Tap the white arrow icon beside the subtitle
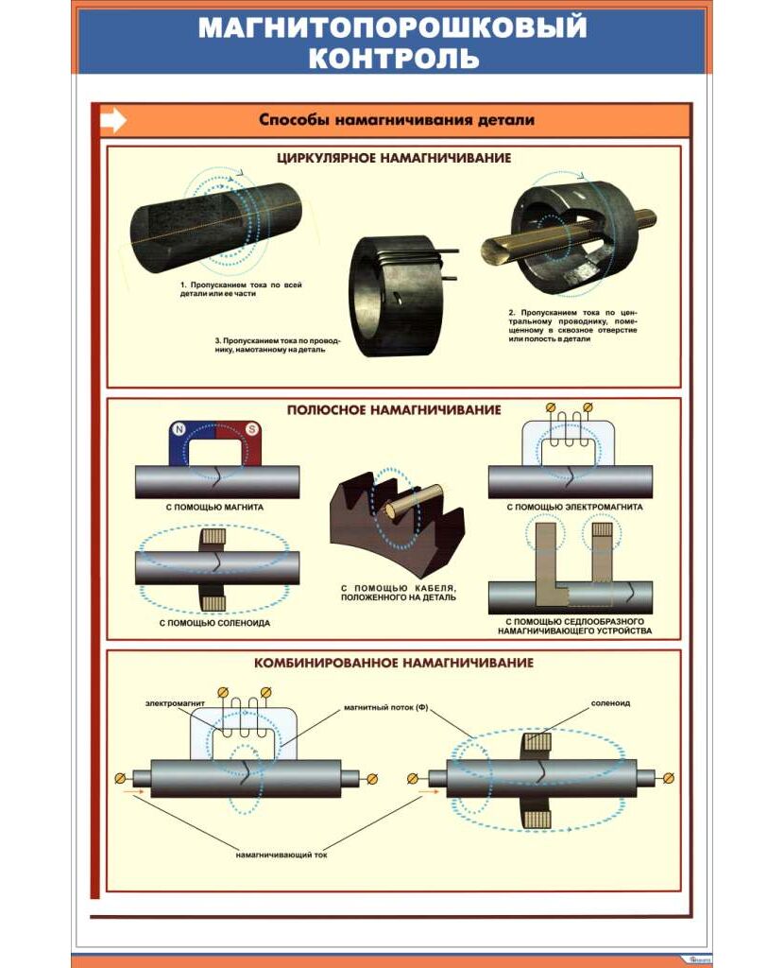113,120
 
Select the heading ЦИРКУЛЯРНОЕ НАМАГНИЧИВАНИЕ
394,158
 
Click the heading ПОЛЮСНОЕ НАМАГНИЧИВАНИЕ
394,409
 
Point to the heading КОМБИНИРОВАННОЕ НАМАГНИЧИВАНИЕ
394,663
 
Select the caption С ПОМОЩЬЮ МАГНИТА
214,507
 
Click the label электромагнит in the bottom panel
177,703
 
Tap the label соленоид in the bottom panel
610,703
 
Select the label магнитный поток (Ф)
386,706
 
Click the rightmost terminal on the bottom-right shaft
670,778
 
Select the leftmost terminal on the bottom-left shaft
121,778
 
